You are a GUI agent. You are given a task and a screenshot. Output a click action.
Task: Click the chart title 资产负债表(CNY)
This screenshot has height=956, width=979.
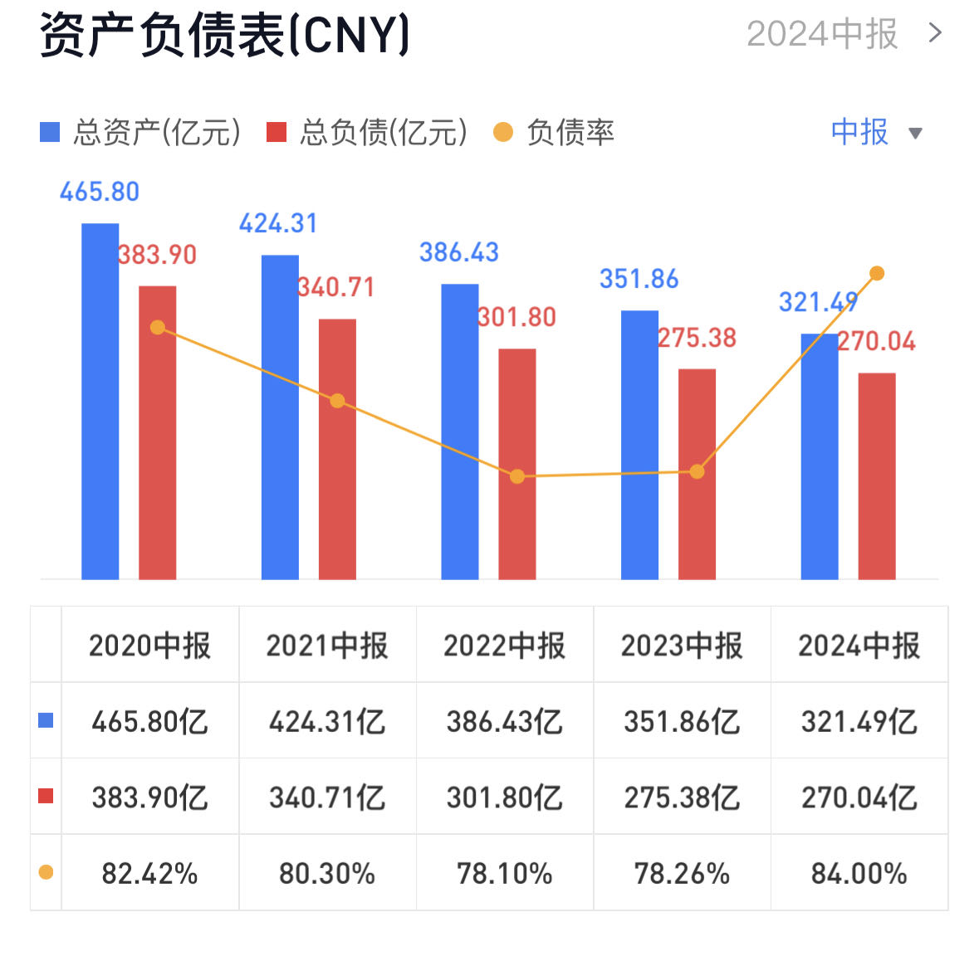224,35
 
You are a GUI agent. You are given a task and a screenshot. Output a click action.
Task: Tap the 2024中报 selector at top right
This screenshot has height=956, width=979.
843,34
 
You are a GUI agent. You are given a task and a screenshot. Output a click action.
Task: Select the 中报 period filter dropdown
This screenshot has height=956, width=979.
875,133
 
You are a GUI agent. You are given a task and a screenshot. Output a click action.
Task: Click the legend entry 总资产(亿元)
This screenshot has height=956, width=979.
141,133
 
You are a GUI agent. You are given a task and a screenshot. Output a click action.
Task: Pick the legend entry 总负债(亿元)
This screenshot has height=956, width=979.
367,133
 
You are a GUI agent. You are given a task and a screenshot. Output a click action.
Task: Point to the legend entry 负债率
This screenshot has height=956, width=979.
554,133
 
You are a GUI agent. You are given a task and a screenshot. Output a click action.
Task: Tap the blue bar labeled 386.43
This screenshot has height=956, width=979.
459,432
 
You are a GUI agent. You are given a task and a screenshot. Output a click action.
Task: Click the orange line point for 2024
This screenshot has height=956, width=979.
877,273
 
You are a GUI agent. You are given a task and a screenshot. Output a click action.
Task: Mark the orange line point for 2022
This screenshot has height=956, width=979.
517,476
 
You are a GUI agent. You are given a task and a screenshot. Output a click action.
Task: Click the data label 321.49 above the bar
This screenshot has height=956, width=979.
817,302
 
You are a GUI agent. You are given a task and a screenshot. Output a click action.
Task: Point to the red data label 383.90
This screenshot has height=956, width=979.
157,255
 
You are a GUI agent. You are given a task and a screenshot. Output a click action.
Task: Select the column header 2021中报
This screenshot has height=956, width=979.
327,645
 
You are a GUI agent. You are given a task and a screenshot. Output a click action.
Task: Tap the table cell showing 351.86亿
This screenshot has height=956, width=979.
682,721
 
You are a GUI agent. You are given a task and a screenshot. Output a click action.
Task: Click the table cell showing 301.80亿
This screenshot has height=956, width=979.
504,797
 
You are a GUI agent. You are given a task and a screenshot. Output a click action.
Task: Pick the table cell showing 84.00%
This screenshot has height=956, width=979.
859,874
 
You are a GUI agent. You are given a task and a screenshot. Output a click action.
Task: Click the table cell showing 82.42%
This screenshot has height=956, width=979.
149,874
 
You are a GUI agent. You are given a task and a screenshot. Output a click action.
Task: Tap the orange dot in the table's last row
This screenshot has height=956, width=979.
46,872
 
